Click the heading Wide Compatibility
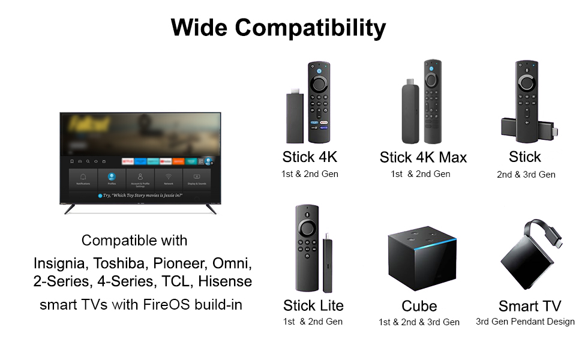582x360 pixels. pos(278,28)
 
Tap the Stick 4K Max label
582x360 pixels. pos(423,158)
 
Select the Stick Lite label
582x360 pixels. pos(313,305)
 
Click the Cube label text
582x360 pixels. pos(419,307)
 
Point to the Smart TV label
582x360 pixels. pos(530,306)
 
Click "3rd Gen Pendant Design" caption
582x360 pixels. pos(525,322)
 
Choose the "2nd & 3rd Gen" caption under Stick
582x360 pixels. pos(526,175)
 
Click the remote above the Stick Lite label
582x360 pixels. pos(307,246)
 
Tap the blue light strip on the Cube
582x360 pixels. pos(419,247)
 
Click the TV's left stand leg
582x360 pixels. pos(70,209)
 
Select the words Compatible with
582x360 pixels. pos(134,241)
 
